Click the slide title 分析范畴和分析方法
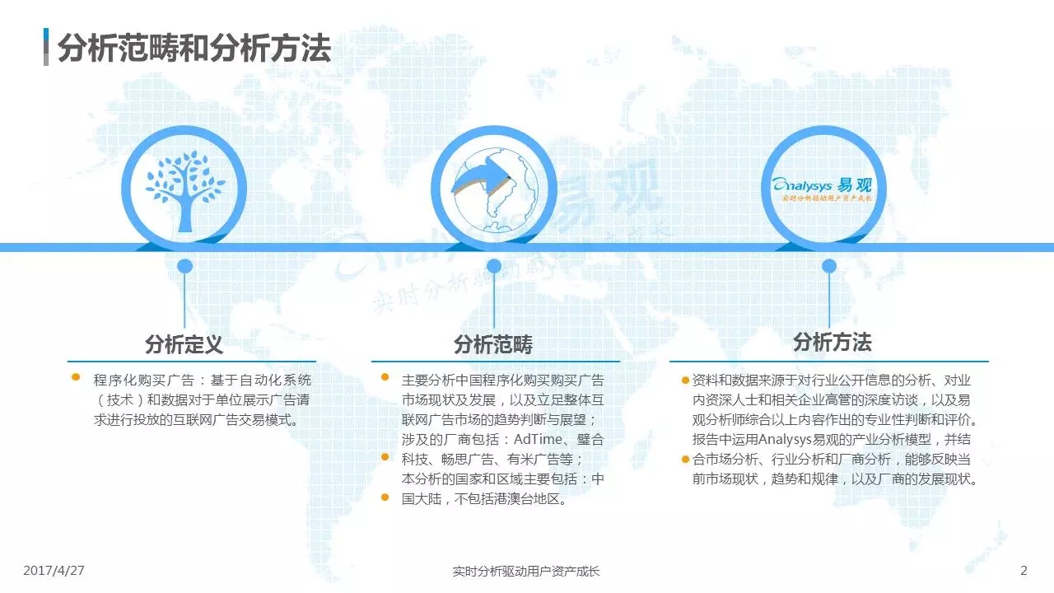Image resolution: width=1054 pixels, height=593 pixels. pos(194,48)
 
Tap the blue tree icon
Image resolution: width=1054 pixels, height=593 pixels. pos(185,191)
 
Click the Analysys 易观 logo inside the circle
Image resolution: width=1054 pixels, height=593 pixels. pos(822,189)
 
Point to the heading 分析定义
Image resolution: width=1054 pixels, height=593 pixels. pos(184,344)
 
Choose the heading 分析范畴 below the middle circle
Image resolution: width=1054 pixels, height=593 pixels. pos(493,344)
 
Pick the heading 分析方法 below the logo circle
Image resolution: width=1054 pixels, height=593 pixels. pos(832,342)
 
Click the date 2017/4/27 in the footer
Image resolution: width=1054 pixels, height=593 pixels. pos(54,571)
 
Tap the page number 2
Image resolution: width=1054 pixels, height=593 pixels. pos(1024,571)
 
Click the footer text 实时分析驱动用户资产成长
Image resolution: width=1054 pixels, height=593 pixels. pos(526,571)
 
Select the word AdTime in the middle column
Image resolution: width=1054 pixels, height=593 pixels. pos(538,439)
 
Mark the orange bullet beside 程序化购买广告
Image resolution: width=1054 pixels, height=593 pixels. pos(76,377)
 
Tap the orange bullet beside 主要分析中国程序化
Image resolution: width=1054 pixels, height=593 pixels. pos(385,377)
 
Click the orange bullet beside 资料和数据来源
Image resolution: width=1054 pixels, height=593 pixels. pos(686,381)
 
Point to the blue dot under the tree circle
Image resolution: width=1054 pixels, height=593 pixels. pos(185,266)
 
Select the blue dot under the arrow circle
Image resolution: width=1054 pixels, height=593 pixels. pos(493,266)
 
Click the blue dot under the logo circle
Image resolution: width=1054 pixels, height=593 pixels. pos(828,266)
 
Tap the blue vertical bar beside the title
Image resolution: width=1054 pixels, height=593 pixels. pos(46,47)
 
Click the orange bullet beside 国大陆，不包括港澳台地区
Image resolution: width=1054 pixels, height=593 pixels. pos(385,497)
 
